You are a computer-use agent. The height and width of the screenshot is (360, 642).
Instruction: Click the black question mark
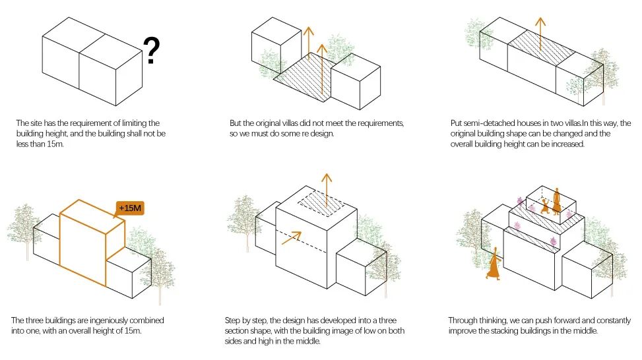point(151,50)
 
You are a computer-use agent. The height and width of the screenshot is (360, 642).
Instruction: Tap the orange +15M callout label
point(130,208)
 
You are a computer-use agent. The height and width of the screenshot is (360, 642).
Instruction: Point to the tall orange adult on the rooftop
point(556,201)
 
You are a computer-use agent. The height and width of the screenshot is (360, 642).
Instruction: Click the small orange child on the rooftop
point(546,206)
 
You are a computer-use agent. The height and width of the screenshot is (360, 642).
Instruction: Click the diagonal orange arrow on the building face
point(292,238)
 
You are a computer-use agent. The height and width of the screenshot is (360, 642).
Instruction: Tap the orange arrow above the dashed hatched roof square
point(327,190)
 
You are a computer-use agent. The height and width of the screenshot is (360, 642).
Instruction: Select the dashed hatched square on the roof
point(321,204)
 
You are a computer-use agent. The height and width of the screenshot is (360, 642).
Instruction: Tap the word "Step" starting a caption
point(232,320)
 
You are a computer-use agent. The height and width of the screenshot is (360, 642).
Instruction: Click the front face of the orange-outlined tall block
point(82,249)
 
